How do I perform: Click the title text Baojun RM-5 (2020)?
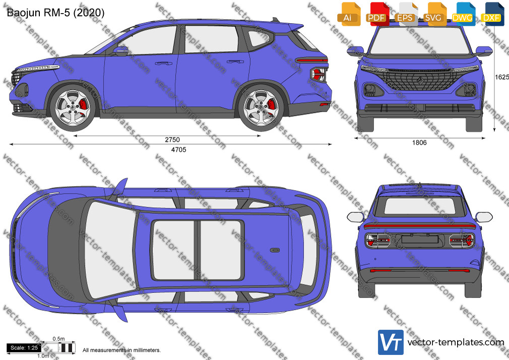click(x=55, y=13)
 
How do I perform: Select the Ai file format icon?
click(x=349, y=14)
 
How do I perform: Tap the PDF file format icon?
click(x=377, y=14)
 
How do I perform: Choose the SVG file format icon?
click(x=434, y=14)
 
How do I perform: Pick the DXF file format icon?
click(x=492, y=14)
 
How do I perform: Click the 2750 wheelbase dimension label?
click(x=172, y=140)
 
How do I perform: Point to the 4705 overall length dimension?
click(x=178, y=149)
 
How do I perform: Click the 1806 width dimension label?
click(x=419, y=142)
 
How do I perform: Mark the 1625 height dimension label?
click(x=502, y=77)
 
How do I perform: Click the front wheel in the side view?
click(x=73, y=106)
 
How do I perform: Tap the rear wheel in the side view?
click(x=261, y=107)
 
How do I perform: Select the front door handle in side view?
click(x=164, y=63)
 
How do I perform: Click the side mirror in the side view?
click(x=120, y=50)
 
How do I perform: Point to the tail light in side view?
click(x=319, y=75)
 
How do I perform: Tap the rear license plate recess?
click(x=420, y=239)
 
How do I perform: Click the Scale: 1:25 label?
click(x=24, y=348)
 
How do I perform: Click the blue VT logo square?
click(x=391, y=342)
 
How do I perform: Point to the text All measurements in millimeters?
click(x=121, y=350)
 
